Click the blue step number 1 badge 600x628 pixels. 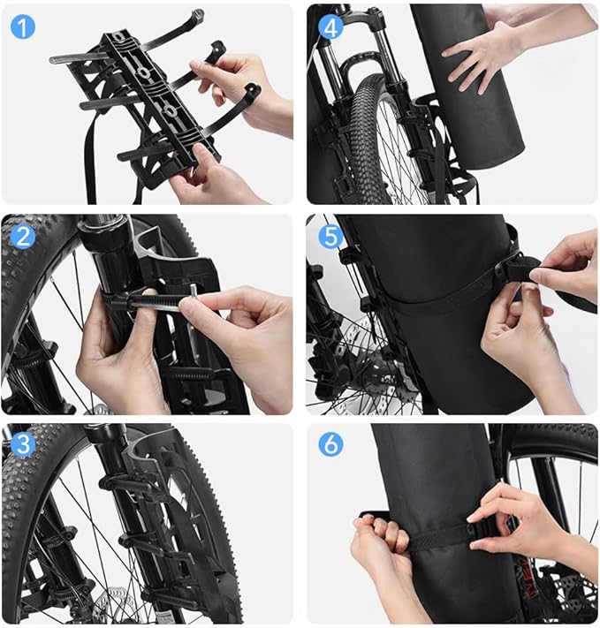point(24,26)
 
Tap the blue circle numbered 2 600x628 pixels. point(24,237)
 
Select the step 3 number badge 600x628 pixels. point(24,444)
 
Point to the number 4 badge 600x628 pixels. point(330,26)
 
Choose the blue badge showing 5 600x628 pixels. point(330,236)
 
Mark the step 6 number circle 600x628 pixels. point(330,444)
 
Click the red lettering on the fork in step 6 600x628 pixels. point(528,583)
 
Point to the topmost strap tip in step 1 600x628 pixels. point(196,15)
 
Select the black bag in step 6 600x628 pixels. point(433,495)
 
